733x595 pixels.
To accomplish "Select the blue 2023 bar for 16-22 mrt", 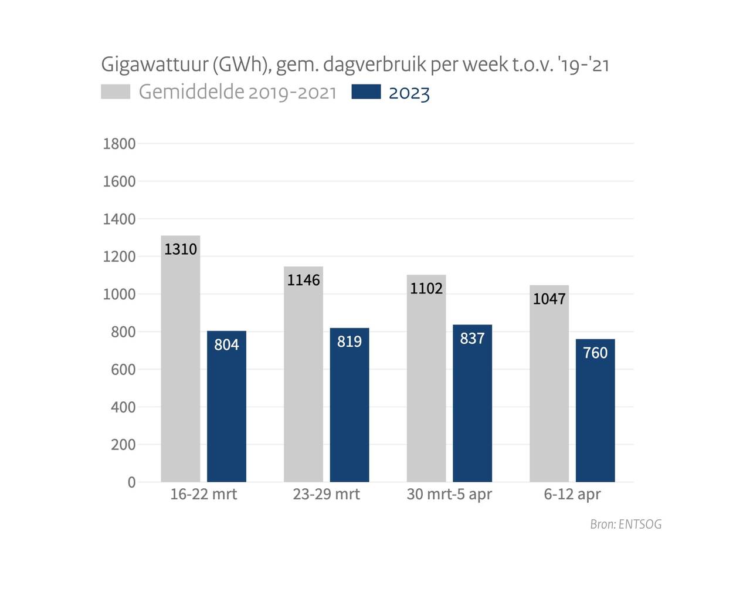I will [226, 411].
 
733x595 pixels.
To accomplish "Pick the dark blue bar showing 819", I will [349, 411].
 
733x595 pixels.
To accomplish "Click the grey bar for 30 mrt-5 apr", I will [426, 381].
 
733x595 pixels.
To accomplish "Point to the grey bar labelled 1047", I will [549, 387].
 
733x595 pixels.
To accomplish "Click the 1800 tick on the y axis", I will [119, 144].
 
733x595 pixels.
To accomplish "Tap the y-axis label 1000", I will [119, 295].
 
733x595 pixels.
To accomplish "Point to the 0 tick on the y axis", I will [131, 482].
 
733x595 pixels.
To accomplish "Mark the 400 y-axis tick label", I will [123, 407].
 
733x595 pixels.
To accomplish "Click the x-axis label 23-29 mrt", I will [327, 494].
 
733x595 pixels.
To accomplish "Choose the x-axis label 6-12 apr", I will [572, 494].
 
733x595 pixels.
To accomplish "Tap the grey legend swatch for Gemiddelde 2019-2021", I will [116, 92].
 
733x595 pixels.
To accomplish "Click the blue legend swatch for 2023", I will [366, 92].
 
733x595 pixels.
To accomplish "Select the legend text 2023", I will [409, 93].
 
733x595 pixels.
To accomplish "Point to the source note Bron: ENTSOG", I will [626, 524].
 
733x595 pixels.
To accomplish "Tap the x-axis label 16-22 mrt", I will [203, 494].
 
